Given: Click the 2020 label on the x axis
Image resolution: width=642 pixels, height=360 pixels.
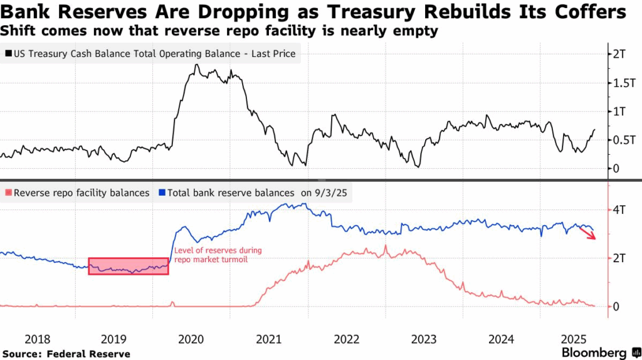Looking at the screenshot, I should click(x=191, y=339).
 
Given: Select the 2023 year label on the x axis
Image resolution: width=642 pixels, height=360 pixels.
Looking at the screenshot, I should click(x=424, y=339).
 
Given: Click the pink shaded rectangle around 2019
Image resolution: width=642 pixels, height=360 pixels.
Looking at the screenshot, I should click(x=128, y=266).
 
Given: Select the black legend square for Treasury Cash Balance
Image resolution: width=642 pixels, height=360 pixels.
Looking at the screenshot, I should click(x=7, y=54).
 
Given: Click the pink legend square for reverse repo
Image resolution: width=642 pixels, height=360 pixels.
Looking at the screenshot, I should click(x=7, y=193).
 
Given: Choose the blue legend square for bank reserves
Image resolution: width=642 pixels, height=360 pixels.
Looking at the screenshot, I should click(x=162, y=193).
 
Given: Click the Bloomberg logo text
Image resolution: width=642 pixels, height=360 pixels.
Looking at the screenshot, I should click(x=594, y=352).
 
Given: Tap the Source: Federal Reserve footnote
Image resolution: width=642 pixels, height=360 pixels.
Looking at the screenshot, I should click(x=66, y=354).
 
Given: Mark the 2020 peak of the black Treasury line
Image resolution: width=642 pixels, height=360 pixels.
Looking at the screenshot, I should click(x=196, y=65).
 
